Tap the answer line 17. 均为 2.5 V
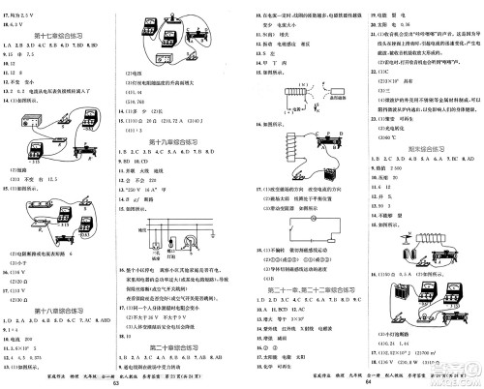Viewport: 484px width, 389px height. coord(29,8)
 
